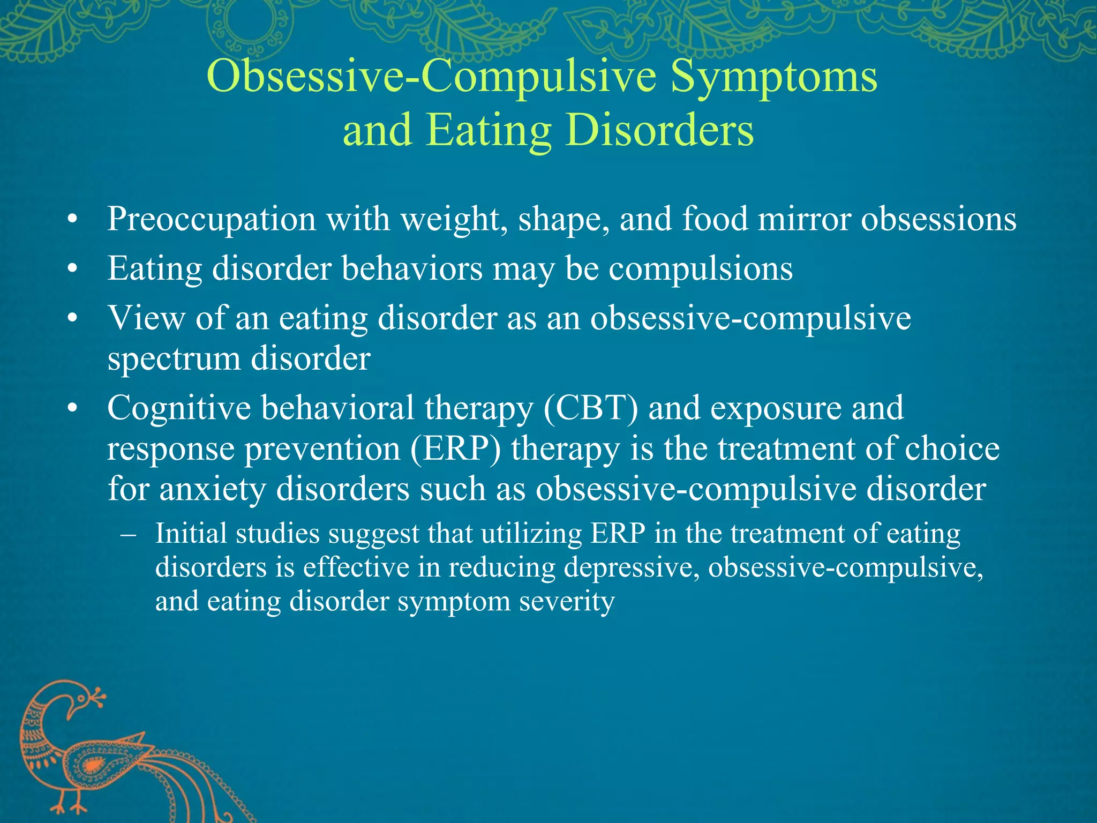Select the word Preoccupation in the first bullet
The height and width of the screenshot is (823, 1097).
[212, 220]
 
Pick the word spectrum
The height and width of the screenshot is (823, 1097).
[174, 359]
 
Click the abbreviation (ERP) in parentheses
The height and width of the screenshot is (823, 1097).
[456, 449]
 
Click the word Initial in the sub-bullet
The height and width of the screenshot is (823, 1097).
[191, 534]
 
